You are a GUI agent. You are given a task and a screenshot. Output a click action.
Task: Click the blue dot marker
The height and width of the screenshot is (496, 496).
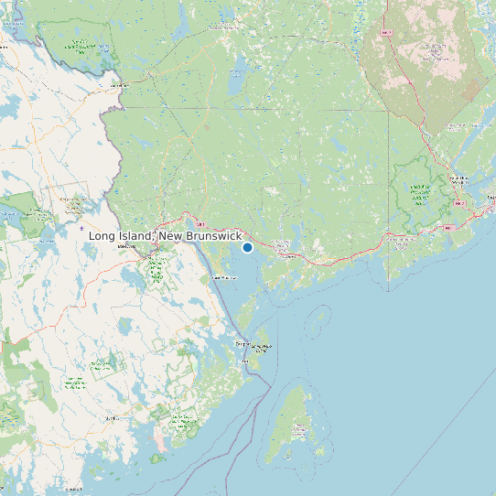[247, 247]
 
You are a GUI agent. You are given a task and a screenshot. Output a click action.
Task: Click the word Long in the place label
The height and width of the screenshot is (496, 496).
[103, 237]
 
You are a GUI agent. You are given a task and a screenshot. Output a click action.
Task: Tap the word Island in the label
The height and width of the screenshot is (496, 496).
[136, 237]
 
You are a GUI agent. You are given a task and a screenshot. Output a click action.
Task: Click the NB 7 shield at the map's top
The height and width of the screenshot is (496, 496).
[386, 33]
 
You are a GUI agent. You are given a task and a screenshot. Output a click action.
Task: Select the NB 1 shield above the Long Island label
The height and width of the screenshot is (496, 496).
[199, 222]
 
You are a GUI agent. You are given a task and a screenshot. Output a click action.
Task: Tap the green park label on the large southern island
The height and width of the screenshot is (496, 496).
[300, 427]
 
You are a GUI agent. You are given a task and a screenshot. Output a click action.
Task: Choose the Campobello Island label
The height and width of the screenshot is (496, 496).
[261, 347]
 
